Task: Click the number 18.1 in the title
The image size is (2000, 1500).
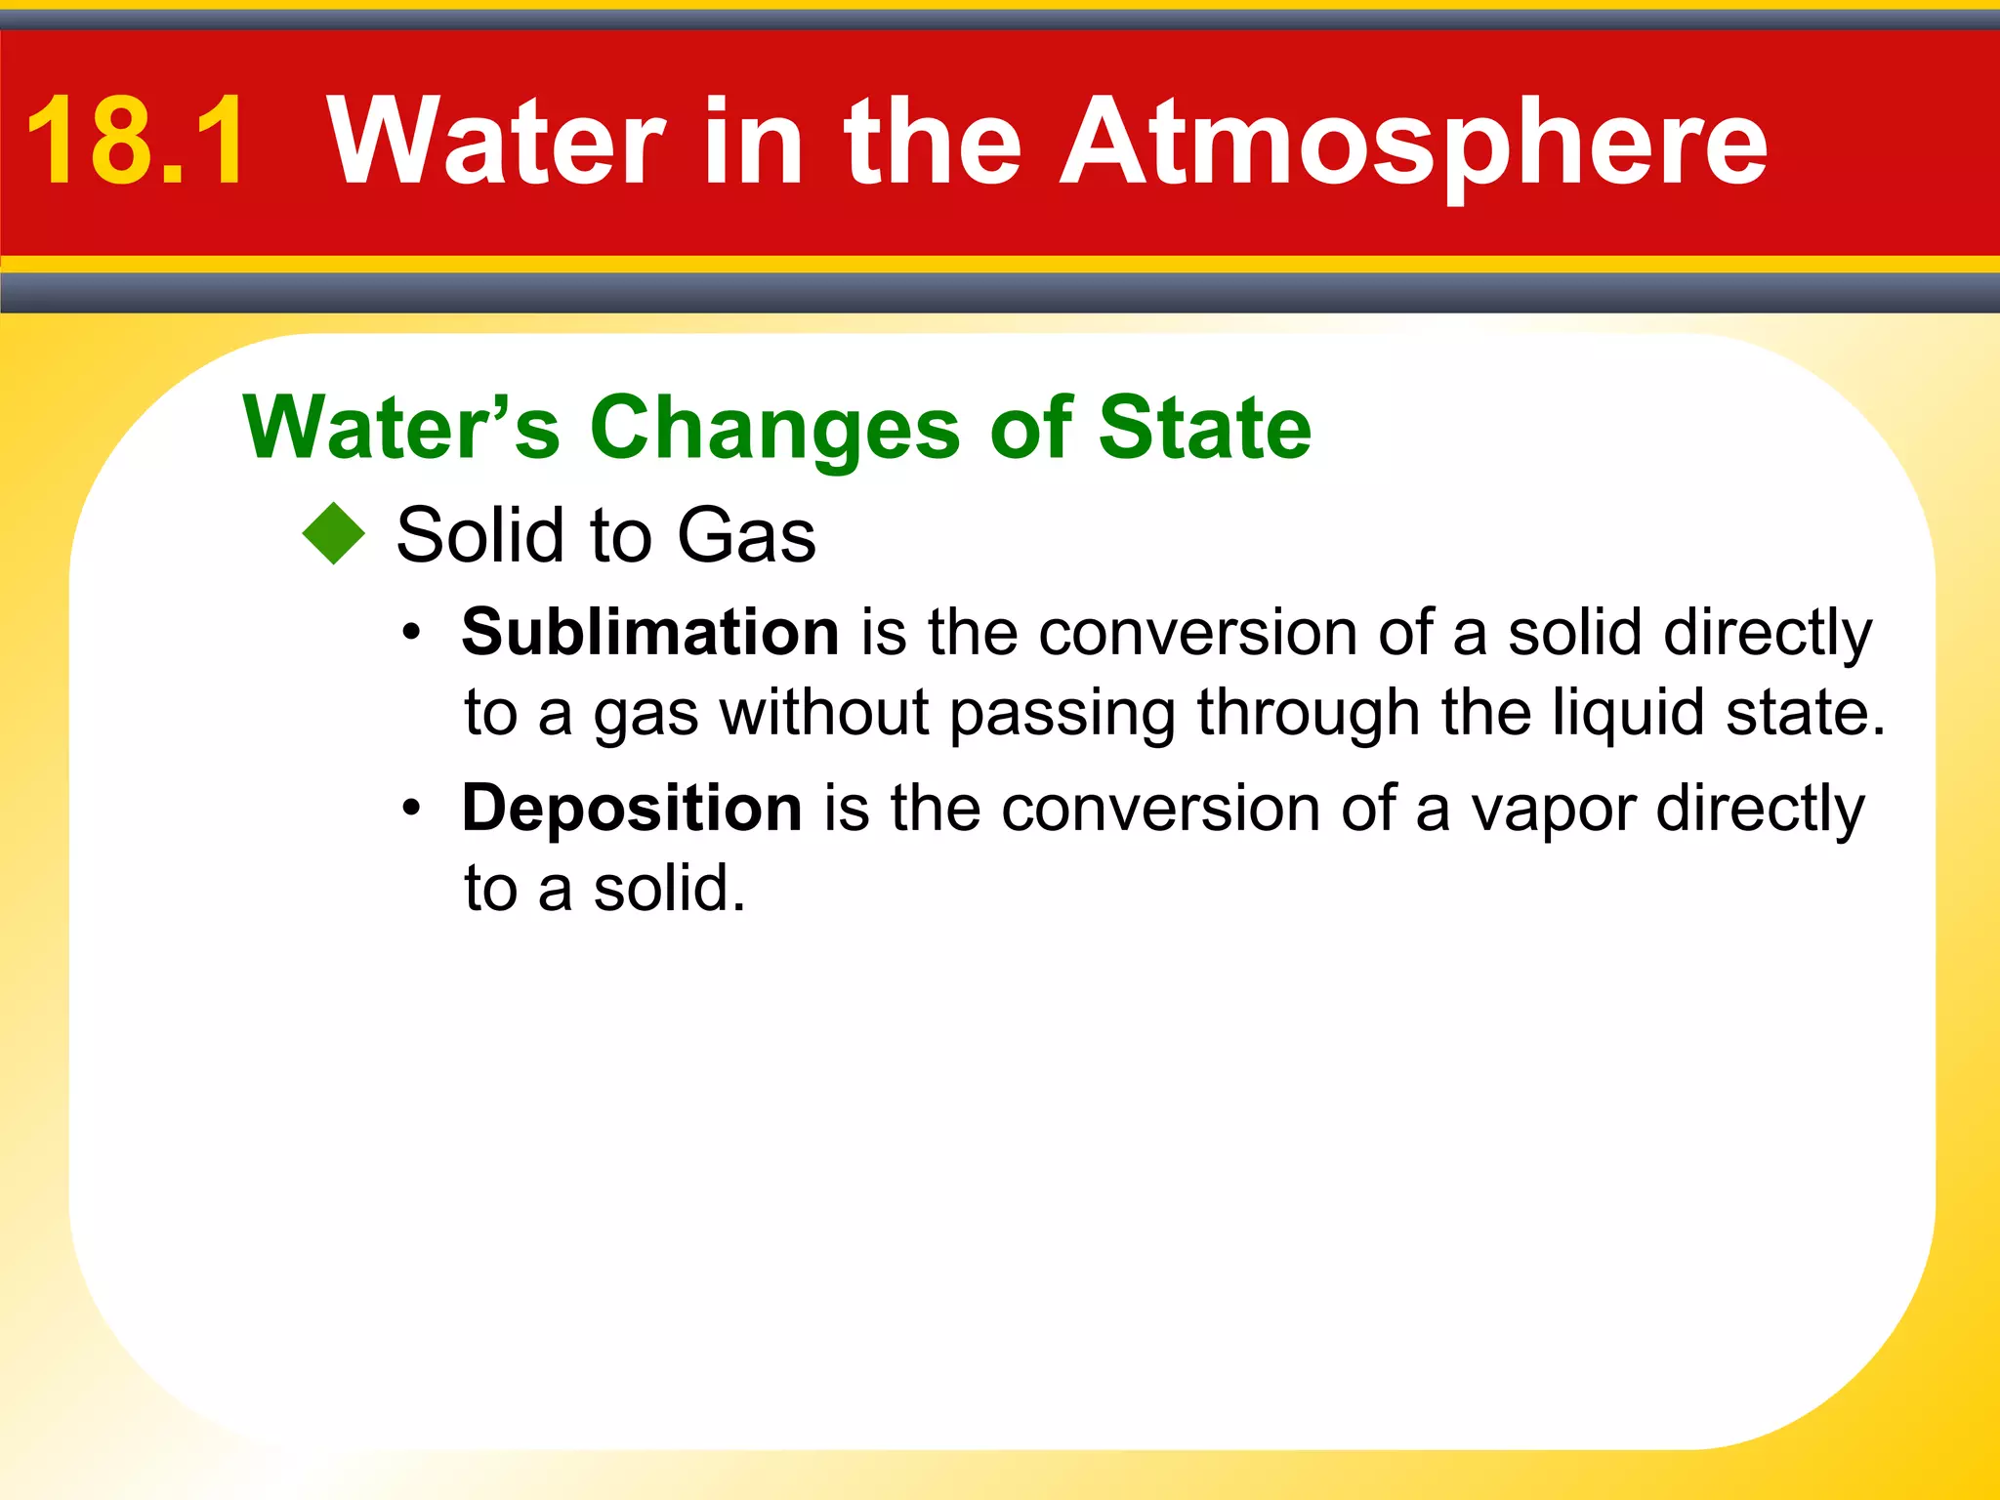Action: coord(137,142)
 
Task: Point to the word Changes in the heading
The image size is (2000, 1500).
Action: coord(775,430)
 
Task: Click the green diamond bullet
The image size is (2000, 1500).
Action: coord(334,533)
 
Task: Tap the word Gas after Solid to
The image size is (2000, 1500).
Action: coord(746,535)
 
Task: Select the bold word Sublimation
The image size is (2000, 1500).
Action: coord(650,632)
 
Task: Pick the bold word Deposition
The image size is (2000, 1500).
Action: coord(632,809)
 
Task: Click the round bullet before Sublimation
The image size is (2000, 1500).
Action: coord(412,634)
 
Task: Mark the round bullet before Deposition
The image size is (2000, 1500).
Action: coord(412,810)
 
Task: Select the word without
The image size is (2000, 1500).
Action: coord(824,712)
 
